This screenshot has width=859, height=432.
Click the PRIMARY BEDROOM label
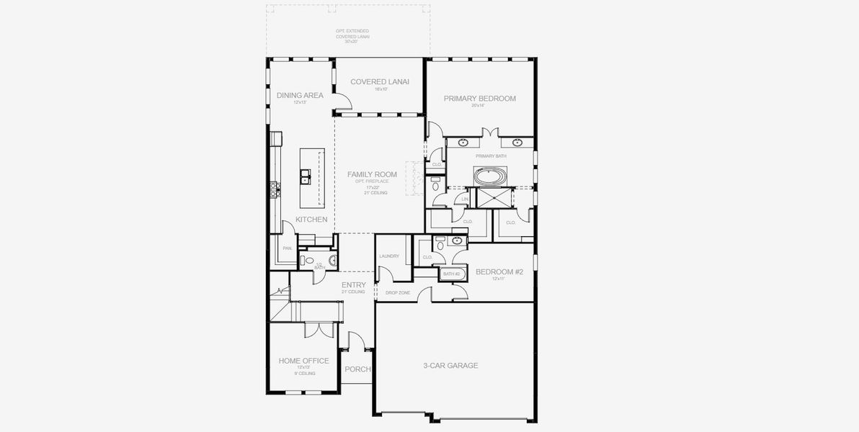(x=479, y=99)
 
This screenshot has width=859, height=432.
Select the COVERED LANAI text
(x=380, y=81)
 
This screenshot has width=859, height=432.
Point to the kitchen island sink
(x=306, y=175)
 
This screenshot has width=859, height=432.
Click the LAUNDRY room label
(x=389, y=256)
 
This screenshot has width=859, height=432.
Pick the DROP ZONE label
(x=397, y=293)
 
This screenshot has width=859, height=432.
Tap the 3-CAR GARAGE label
(x=450, y=366)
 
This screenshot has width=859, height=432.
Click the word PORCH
(x=357, y=369)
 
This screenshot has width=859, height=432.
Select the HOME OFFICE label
(x=303, y=361)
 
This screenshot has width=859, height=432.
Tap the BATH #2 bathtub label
(x=451, y=274)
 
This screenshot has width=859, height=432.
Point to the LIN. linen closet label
(x=465, y=199)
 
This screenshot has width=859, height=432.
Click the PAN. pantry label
(x=287, y=248)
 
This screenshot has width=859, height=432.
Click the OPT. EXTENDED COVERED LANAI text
(x=352, y=36)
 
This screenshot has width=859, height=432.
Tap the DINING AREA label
(x=300, y=95)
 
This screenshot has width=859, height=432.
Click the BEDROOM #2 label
(x=499, y=271)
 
